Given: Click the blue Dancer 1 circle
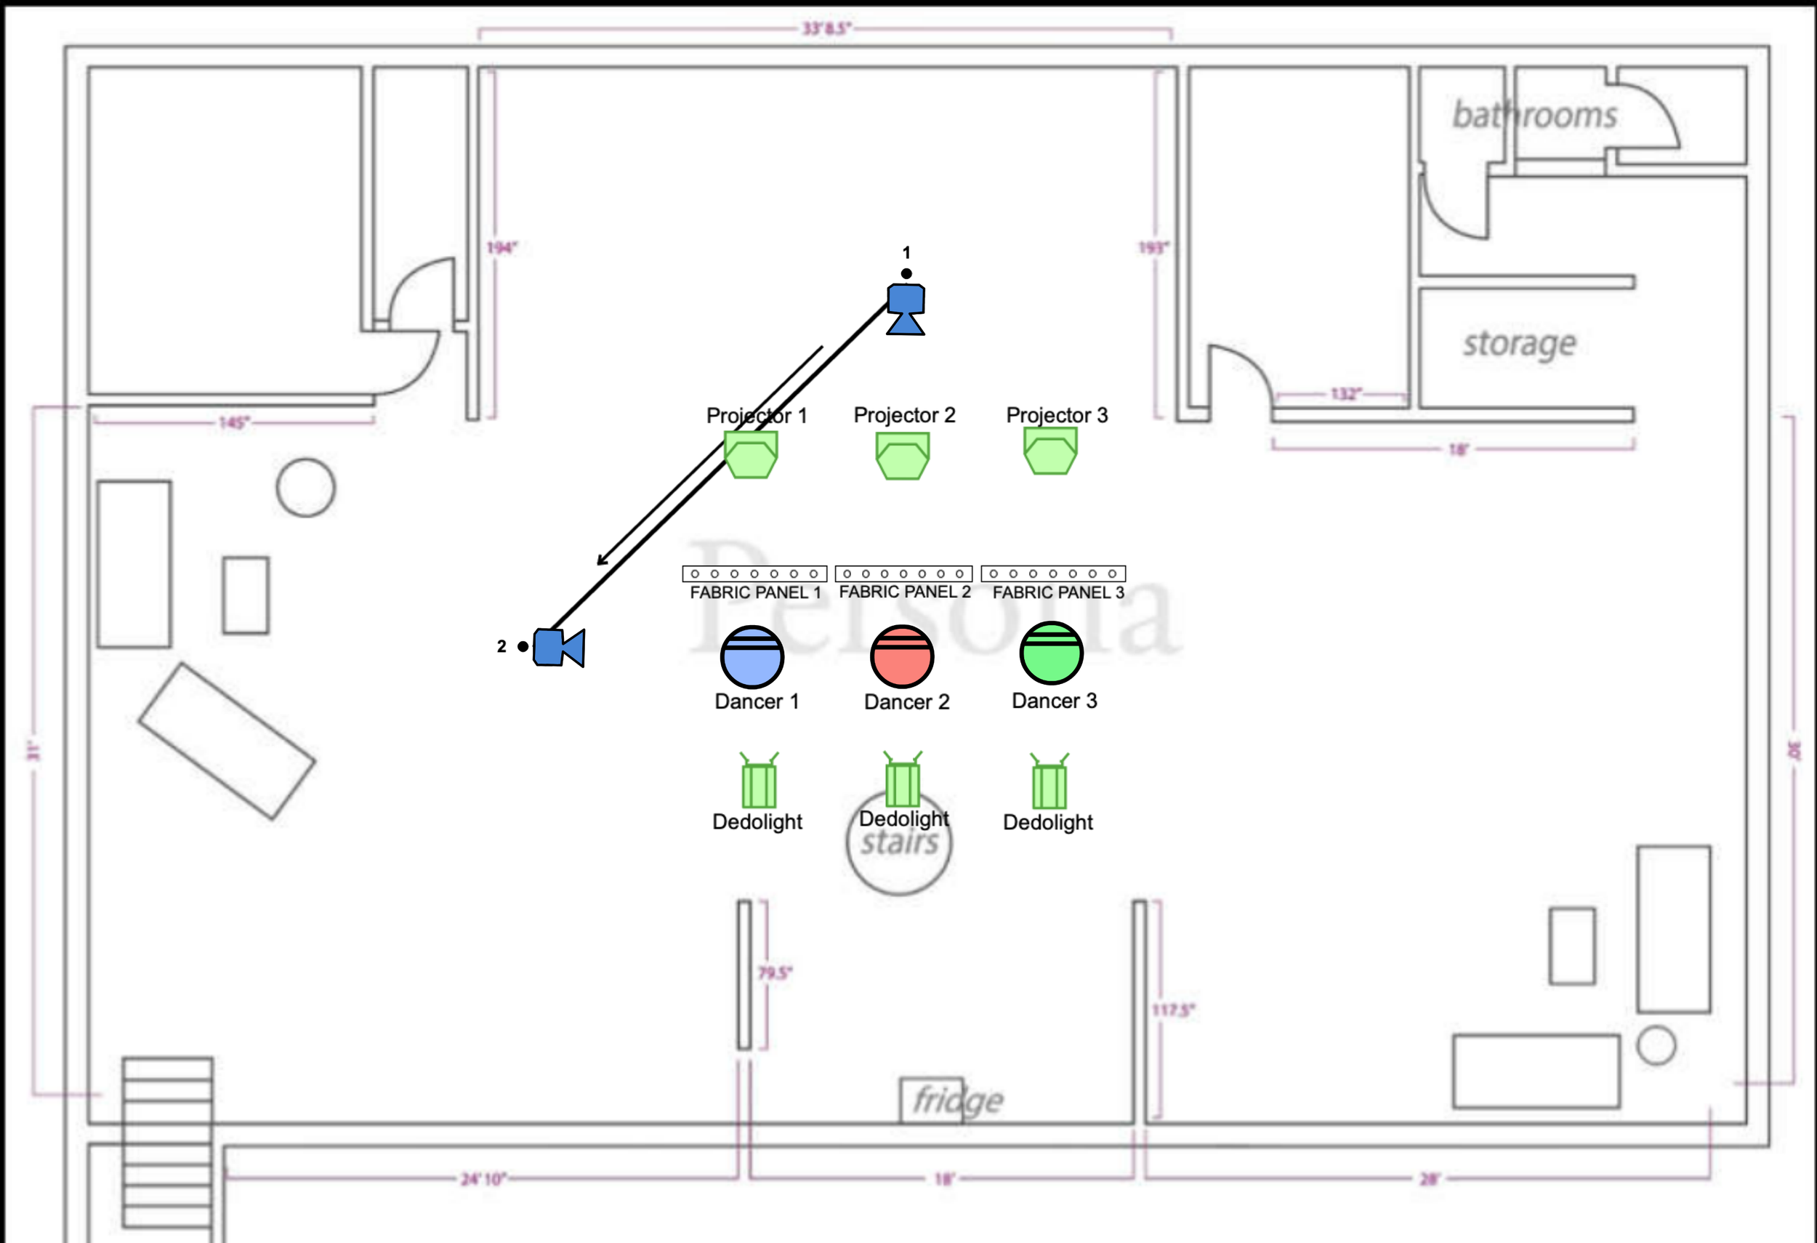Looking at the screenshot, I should click(x=752, y=656).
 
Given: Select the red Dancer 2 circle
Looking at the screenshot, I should click(x=901, y=656).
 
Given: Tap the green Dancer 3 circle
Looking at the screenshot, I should click(x=1051, y=653).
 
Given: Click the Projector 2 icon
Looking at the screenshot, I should click(x=902, y=456).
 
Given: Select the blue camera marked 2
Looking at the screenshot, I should click(x=558, y=647).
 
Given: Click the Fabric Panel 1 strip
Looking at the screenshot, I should click(x=754, y=574).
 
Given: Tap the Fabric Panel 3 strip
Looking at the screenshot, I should click(x=1052, y=573).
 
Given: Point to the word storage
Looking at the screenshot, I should click(x=1519, y=344).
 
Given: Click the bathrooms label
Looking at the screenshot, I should click(x=1534, y=116).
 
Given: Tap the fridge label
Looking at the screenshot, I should click(x=958, y=1100).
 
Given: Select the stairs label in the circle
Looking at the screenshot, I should click(x=899, y=843).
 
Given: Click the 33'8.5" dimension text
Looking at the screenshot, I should click(x=826, y=29).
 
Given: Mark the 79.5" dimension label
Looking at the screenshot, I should click(x=775, y=973).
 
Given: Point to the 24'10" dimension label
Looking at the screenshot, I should click(x=483, y=1178).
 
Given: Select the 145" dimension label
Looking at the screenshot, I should click(x=234, y=423).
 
